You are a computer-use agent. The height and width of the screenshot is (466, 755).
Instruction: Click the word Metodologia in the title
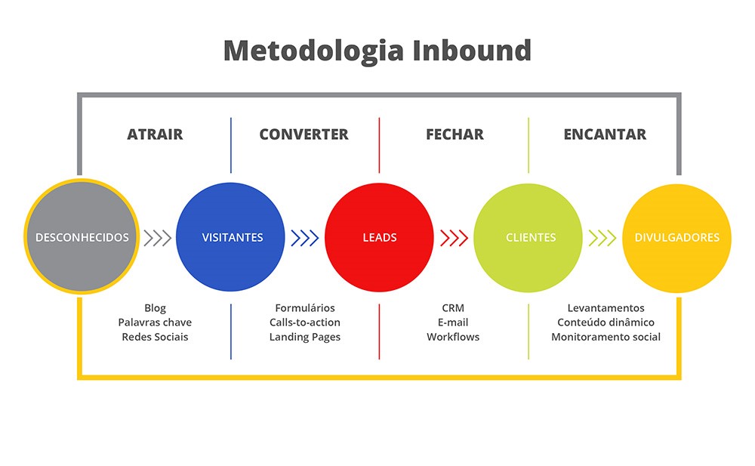[x=313, y=51]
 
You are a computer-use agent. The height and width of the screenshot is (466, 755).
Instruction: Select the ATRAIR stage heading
[x=155, y=134]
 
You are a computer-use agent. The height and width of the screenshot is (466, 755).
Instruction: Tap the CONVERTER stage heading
[x=304, y=134]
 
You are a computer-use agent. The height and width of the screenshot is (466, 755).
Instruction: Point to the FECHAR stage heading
[x=455, y=134]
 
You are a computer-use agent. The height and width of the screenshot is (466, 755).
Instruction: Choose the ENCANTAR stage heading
[x=605, y=134]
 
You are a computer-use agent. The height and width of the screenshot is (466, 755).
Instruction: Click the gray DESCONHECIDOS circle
[x=82, y=237]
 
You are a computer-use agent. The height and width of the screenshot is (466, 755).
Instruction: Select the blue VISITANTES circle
[x=232, y=237]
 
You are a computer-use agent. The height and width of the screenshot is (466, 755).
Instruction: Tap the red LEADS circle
[x=379, y=237]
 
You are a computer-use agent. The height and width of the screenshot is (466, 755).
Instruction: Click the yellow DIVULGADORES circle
[x=676, y=237]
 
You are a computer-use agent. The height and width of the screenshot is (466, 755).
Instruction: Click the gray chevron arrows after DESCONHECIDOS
[x=158, y=238]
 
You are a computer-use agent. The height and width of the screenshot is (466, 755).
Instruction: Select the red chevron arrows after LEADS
[x=455, y=238]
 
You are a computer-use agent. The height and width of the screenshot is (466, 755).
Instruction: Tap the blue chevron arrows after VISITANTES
[x=305, y=238]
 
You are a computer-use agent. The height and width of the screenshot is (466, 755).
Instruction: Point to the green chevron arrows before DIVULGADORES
[x=602, y=238]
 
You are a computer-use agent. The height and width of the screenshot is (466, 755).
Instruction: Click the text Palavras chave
[x=155, y=322]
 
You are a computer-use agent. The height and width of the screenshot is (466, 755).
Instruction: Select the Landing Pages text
[x=305, y=337]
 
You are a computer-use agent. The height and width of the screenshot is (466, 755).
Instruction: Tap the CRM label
[x=453, y=308]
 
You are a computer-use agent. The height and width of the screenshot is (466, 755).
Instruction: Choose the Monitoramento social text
[x=606, y=337]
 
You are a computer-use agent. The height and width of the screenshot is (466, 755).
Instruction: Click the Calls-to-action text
[x=305, y=322]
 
